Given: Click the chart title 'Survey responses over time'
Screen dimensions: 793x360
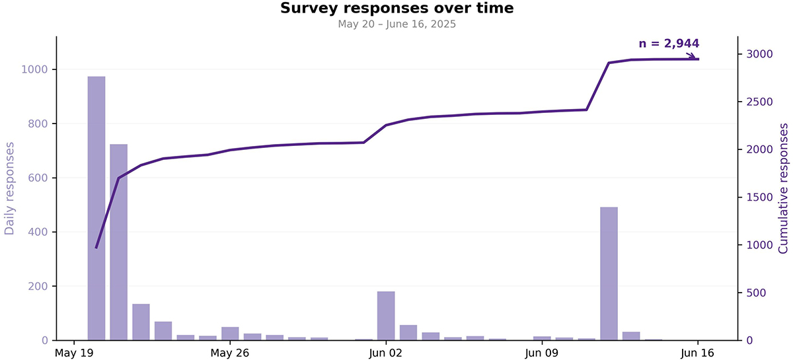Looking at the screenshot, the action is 397,8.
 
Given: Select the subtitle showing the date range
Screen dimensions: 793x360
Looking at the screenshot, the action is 397,24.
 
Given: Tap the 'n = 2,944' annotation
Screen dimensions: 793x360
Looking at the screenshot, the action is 669,44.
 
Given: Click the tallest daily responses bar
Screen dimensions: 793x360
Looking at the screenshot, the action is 96,208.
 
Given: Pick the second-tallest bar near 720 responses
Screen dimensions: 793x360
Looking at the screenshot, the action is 118,242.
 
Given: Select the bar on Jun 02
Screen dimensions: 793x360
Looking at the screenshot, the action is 386,316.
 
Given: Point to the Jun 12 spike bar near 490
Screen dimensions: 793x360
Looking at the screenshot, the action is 609,273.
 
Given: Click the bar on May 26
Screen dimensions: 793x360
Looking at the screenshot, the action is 230,334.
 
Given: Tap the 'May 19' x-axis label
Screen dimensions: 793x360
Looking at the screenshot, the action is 74,353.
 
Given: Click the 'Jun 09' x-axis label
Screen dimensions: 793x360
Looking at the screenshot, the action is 542,353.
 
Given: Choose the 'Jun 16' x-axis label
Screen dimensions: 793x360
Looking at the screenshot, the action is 698,353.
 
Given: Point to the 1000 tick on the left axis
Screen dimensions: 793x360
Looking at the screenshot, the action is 34,69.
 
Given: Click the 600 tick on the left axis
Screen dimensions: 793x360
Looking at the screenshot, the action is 38,178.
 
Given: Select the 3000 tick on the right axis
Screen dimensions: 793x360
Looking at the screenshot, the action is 760,54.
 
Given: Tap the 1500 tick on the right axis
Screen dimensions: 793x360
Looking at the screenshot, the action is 760,197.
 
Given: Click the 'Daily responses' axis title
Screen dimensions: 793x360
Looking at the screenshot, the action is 9,188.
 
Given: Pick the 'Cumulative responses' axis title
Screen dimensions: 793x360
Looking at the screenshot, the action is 783,188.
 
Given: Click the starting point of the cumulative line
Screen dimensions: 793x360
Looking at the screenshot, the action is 96,248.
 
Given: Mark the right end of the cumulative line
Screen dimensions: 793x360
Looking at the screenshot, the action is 698,59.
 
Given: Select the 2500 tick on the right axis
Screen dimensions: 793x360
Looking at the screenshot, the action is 760,102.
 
